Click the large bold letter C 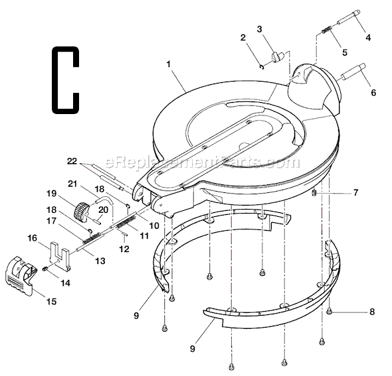click(64, 78)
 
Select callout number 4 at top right click(367, 38)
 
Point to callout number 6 click(373, 93)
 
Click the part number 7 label click(355, 192)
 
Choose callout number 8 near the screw click(371, 311)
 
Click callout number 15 click(51, 301)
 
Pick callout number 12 click(124, 249)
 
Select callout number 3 click(260, 29)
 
